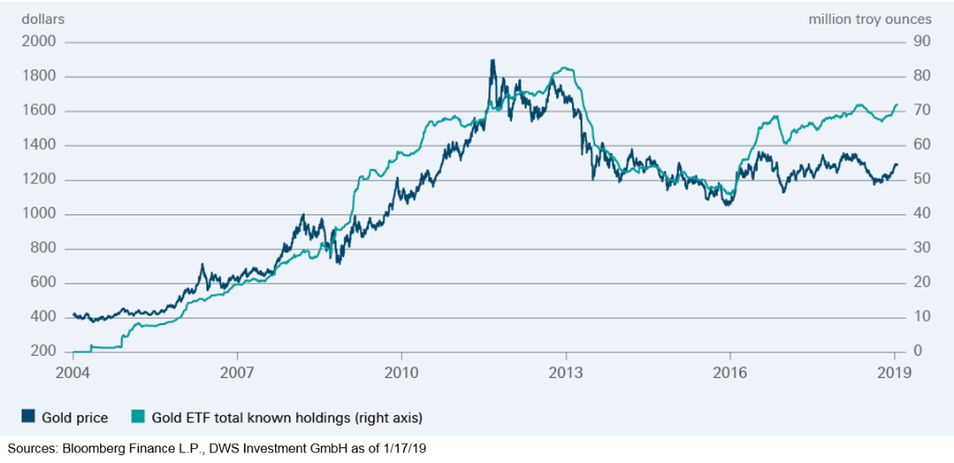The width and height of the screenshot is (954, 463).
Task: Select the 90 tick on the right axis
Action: coord(921,42)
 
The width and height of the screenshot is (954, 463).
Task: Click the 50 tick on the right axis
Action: coord(921,179)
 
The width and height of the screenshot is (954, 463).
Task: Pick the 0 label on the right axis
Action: coord(917,352)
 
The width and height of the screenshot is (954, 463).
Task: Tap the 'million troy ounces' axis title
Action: coord(870,18)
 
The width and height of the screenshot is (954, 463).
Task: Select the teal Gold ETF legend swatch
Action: coord(137,418)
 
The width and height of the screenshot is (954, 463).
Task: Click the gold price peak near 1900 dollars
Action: coord(493,60)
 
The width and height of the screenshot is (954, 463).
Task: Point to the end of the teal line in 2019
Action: coord(897,105)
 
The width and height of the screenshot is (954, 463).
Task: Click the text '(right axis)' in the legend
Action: coord(388,418)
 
